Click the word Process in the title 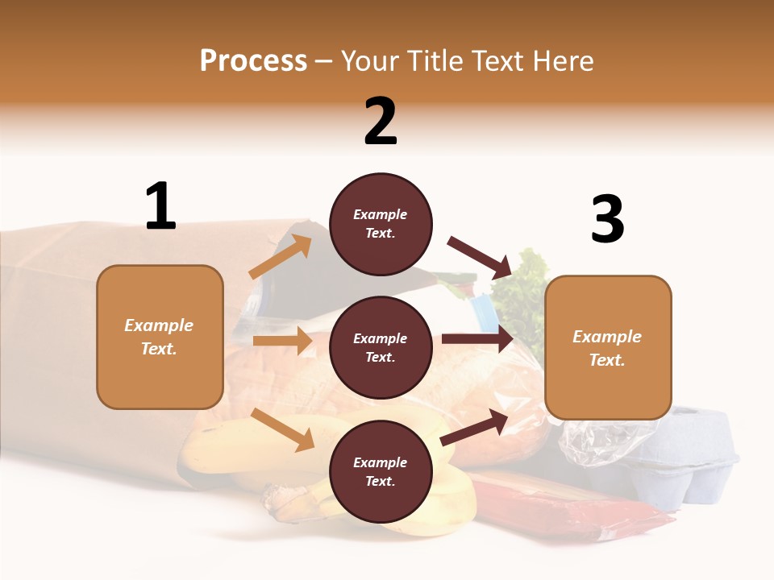[x=253, y=61]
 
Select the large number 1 [x=160, y=206]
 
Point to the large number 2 [x=381, y=122]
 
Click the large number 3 [x=607, y=219]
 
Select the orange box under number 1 [x=160, y=337]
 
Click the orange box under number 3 [x=608, y=347]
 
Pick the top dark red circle [x=381, y=224]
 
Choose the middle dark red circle [x=381, y=347]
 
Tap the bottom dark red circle [x=381, y=471]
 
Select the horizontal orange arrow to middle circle [x=282, y=341]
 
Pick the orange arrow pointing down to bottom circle [x=283, y=429]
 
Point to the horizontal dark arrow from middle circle [x=477, y=338]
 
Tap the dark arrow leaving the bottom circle [x=474, y=427]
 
